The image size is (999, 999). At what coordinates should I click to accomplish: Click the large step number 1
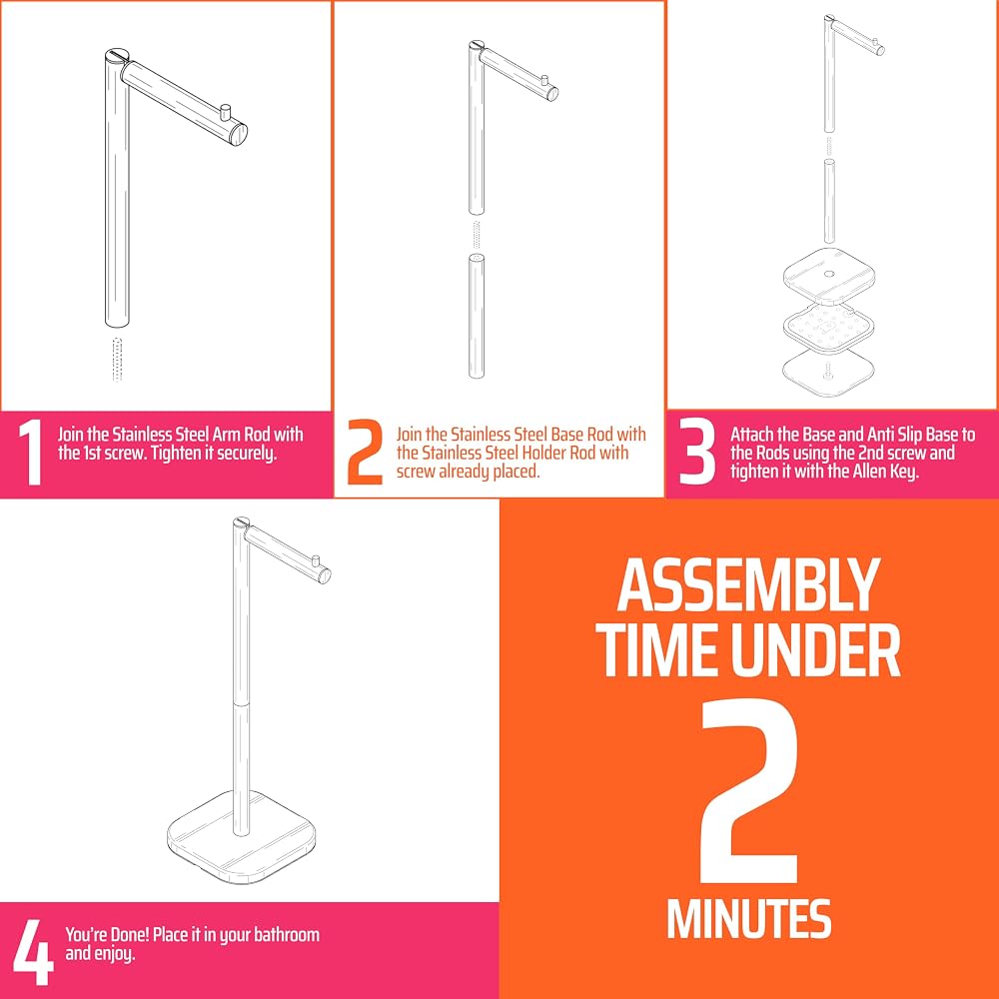click(30, 453)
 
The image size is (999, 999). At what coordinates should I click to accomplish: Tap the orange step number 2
click(366, 453)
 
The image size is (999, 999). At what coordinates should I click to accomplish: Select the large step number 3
click(697, 453)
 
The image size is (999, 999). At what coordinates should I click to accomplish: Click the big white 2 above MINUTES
click(749, 792)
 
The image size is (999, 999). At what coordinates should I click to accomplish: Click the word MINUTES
click(748, 918)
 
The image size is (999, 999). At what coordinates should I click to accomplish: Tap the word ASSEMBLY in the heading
click(748, 585)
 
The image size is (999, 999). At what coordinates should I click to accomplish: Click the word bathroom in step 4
click(287, 935)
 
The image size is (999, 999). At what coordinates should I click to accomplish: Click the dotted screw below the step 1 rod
click(117, 360)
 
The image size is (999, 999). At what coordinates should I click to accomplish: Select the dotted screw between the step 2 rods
click(477, 235)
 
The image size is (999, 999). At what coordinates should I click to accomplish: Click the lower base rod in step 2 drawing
click(477, 317)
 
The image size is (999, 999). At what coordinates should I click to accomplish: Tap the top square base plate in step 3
click(829, 276)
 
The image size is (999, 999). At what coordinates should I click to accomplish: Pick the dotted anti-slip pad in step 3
click(829, 328)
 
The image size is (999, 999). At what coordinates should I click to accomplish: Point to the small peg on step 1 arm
click(224, 115)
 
